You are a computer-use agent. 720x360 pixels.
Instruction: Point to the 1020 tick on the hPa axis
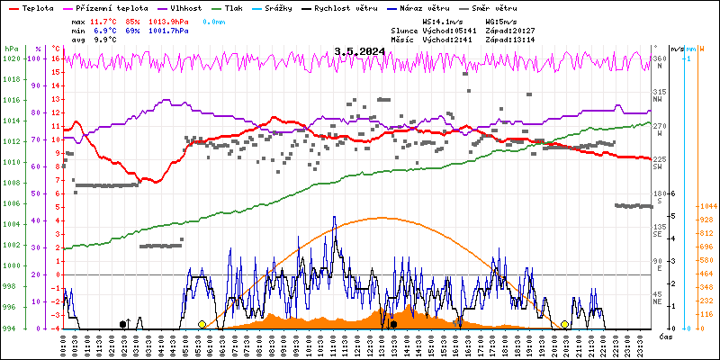pyautogui.click(x=11, y=59)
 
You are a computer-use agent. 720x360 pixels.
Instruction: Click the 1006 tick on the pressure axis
pyautogui.click(x=11, y=203)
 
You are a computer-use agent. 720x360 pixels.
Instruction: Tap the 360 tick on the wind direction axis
pyautogui.click(x=659, y=59)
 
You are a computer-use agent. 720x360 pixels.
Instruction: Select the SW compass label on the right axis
pyautogui.click(x=659, y=167)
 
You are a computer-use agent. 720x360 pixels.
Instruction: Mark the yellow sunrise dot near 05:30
pyautogui.click(x=202, y=324)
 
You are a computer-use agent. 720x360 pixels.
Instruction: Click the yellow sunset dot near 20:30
pyautogui.click(x=564, y=324)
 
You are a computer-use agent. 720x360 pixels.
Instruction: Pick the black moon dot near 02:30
pyautogui.click(x=122, y=324)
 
